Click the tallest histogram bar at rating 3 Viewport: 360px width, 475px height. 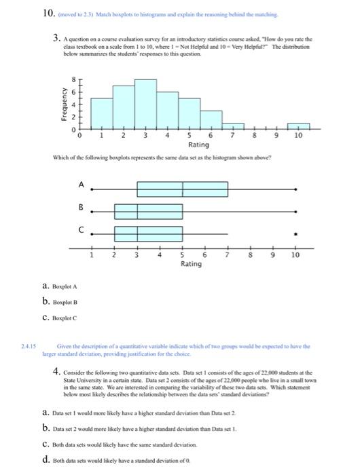(145, 104)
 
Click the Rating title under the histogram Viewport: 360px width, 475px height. (198, 145)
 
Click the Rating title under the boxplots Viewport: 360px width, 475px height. (191, 263)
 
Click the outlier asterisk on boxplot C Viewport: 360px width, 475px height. (295, 234)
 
